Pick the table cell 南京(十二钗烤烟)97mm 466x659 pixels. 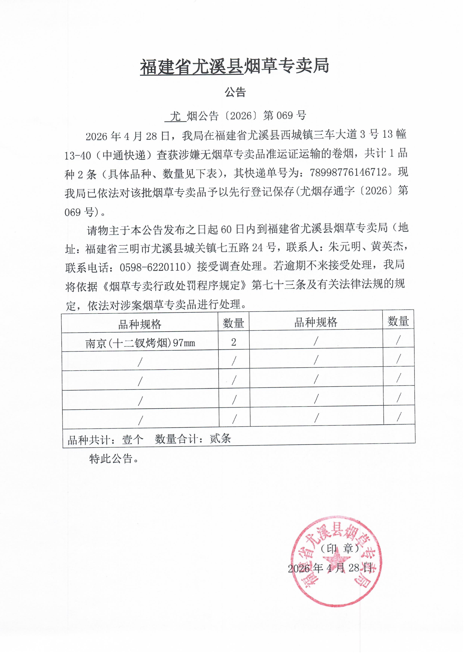(x=140, y=343)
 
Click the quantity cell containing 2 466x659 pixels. (x=233, y=342)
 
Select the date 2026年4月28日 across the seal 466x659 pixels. (x=330, y=568)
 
